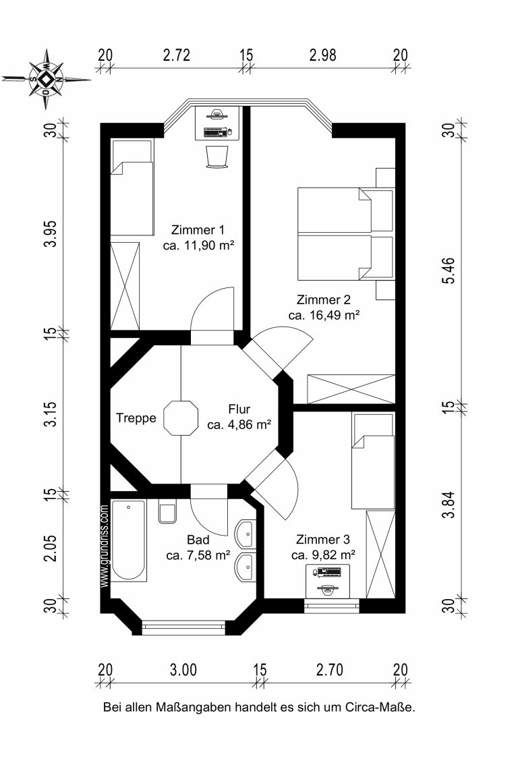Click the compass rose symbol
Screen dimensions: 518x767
[46, 79]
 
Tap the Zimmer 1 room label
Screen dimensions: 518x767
[198, 230]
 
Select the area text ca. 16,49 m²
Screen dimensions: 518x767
[324, 315]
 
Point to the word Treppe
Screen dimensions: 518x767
[136, 418]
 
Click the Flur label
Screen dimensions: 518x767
[239, 409]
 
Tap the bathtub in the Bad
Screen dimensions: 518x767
[129, 540]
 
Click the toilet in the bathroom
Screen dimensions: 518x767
[167, 511]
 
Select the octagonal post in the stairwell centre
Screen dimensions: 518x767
[181, 418]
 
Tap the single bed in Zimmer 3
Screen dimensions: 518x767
[373, 461]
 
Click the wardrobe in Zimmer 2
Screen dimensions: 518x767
[351, 389]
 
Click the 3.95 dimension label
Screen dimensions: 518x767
[51, 234]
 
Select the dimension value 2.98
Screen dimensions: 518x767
[323, 55]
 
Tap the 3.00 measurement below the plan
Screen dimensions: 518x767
[183, 670]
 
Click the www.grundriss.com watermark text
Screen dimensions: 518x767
[104, 546]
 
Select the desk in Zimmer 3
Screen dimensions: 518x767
[328, 581]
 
